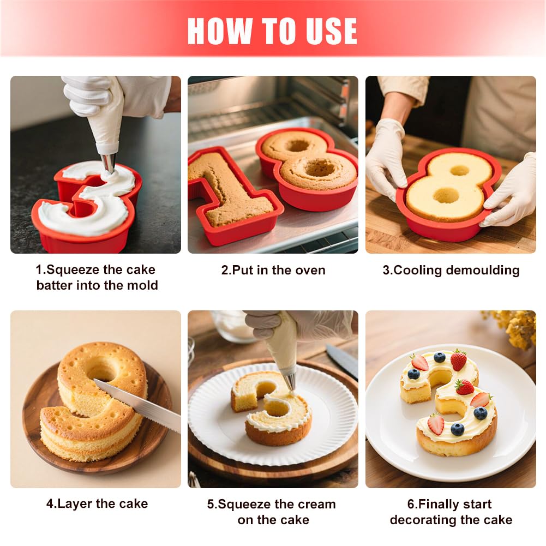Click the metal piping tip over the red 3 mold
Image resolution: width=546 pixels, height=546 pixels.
pyautogui.click(x=109, y=163)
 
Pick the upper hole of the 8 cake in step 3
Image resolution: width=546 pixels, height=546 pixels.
pyautogui.click(x=460, y=170)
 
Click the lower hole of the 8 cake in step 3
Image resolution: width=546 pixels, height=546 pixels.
pyautogui.click(x=446, y=195)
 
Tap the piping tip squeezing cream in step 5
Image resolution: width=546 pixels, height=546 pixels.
pyautogui.click(x=290, y=382)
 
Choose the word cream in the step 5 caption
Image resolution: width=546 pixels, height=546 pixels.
pyautogui.click(x=314, y=504)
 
